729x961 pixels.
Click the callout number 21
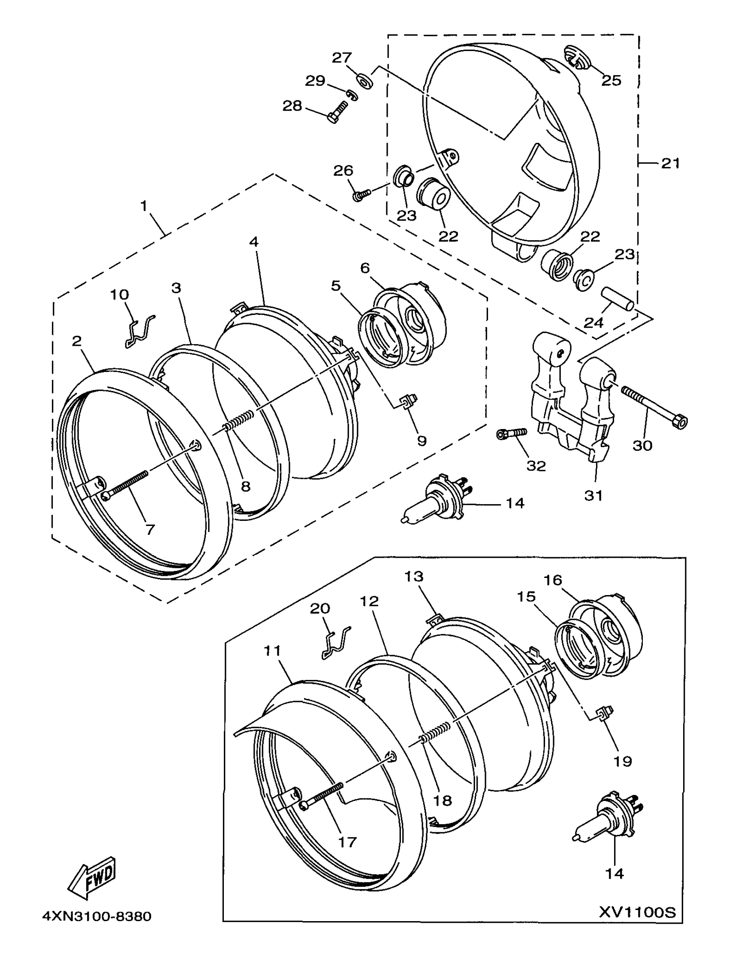(x=670, y=163)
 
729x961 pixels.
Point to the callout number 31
(x=593, y=495)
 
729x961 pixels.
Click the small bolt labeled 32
(x=512, y=433)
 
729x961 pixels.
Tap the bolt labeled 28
(x=338, y=112)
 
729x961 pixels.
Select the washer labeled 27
(x=364, y=81)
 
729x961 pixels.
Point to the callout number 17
(x=347, y=842)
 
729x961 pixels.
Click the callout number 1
(x=145, y=205)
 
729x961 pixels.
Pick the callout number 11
(x=272, y=651)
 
